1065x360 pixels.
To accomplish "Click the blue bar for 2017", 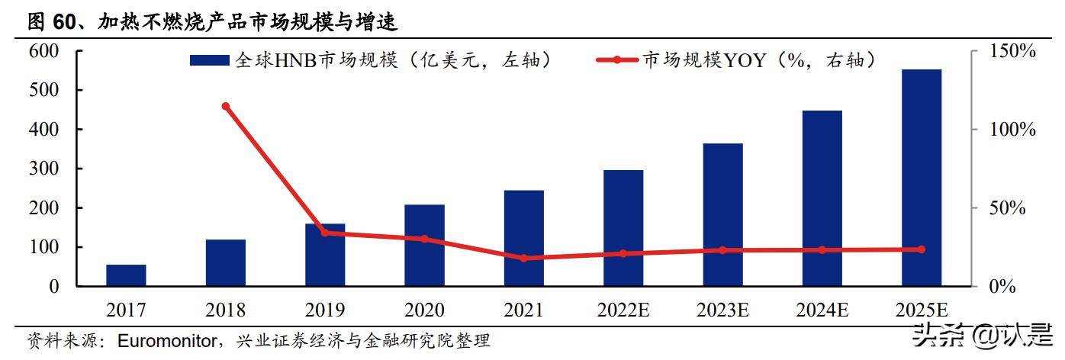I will (126, 275).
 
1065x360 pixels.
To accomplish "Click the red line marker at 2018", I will (225, 106).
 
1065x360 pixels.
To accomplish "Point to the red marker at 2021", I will (523, 258).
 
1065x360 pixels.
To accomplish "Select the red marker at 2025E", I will (921, 249).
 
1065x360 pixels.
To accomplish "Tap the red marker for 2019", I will (324, 233).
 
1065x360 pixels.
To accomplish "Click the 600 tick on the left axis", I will (43, 51).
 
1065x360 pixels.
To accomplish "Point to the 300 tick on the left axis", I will (43, 169).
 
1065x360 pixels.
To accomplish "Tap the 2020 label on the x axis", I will (423, 310).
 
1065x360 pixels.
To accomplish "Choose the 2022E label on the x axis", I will (623, 310).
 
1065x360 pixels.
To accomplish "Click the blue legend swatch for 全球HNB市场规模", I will (209, 60).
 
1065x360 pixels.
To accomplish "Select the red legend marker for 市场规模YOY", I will (618, 60).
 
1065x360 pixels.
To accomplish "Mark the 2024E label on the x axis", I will (822, 310).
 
